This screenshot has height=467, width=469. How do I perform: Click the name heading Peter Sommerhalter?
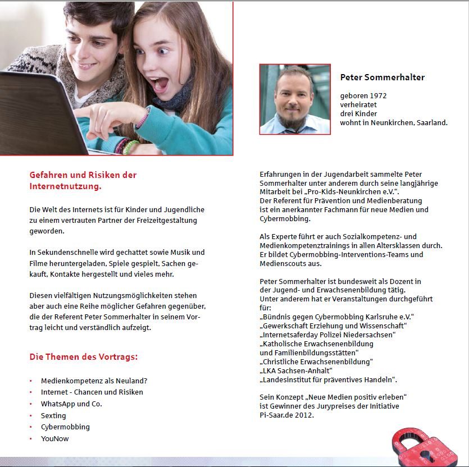coord(382,77)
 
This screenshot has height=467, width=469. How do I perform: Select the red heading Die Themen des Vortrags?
coord(84,357)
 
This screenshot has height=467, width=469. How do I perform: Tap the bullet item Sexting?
coord(53,415)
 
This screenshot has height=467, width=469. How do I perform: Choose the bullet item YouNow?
coord(54,438)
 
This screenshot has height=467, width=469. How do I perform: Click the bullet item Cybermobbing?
coord(65,427)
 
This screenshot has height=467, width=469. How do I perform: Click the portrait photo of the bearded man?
coord(294,99)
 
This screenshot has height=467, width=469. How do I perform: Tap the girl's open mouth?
coord(161,83)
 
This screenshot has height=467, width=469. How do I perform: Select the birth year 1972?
coord(377,96)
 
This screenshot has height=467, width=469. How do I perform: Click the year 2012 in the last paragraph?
coord(303,415)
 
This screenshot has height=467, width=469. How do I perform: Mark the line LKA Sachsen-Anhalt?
coord(297,370)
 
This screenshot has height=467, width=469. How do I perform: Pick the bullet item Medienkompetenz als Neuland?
coord(94,380)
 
